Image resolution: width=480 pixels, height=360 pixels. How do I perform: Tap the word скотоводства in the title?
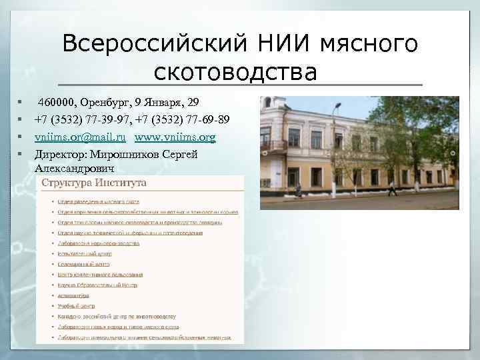click(235, 70)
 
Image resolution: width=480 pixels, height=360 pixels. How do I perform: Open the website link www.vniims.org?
click(175, 137)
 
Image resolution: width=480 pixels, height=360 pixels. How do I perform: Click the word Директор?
click(59, 153)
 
